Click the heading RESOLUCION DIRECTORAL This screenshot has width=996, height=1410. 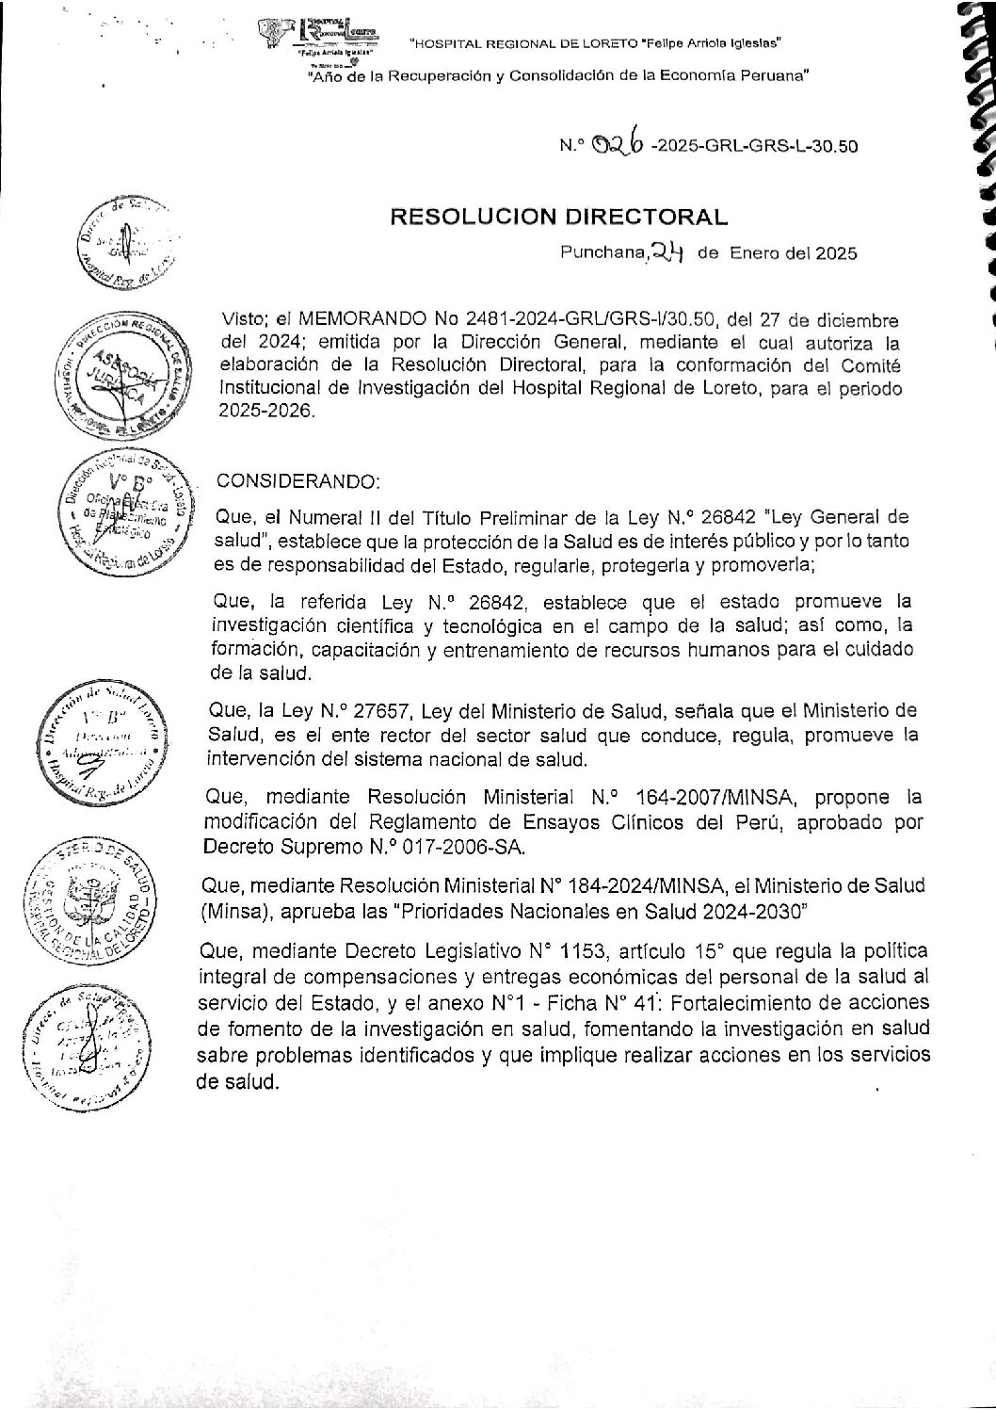tap(559, 217)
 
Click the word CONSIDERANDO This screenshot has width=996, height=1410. tap(298, 480)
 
